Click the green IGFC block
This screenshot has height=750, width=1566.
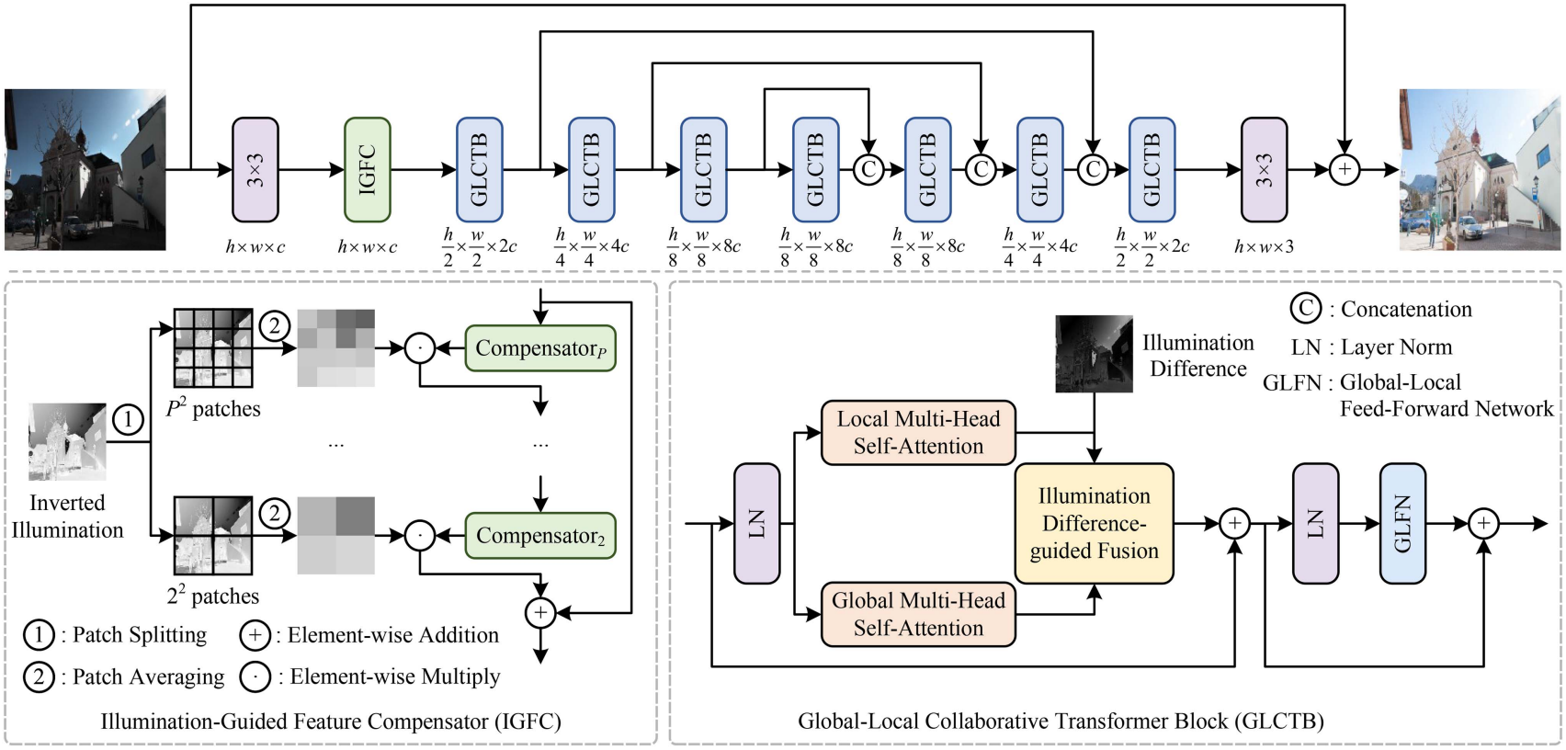pos(367,170)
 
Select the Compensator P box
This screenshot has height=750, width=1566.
pos(540,348)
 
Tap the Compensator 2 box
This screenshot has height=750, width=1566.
pos(540,536)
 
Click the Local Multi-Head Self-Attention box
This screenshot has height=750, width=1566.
pos(918,433)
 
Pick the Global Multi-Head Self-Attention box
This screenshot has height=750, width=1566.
pos(918,614)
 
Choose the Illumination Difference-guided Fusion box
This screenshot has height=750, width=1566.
pos(1094,524)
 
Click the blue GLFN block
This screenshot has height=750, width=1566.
pos(1402,524)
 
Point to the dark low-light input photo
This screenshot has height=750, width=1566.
pos(85,170)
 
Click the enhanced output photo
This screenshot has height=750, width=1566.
pos(1480,170)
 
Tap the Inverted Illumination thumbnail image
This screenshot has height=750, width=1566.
pos(67,442)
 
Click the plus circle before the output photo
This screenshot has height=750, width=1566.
pos(1345,170)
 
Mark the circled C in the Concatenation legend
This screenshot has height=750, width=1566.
pos(1305,309)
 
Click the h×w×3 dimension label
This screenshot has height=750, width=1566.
pos(1264,246)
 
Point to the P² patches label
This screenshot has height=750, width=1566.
pos(213,409)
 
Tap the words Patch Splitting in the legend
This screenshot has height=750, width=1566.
pos(140,635)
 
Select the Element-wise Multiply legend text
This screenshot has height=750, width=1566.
pos(395,677)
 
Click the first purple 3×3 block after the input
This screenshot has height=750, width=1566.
pos(255,170)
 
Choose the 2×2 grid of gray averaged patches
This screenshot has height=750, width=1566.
pos(336,536)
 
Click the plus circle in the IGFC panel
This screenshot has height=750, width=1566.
pos(540,613)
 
